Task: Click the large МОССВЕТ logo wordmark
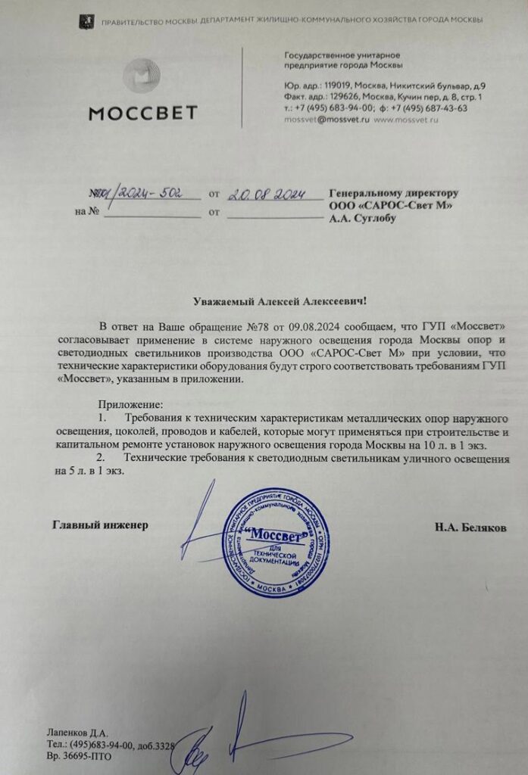pyautogui.click(x=143, y=114)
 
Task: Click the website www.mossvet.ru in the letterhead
pyautogui.click(x=408, y=120)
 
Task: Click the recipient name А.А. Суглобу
pyautogui.click(x=362, y=219)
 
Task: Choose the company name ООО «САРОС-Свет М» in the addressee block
pyautogui.click(x=386, y=207)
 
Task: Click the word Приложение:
pyautogui.click(x=131, y=406)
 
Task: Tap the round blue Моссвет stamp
pyautogui.click(x=276, y=540)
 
